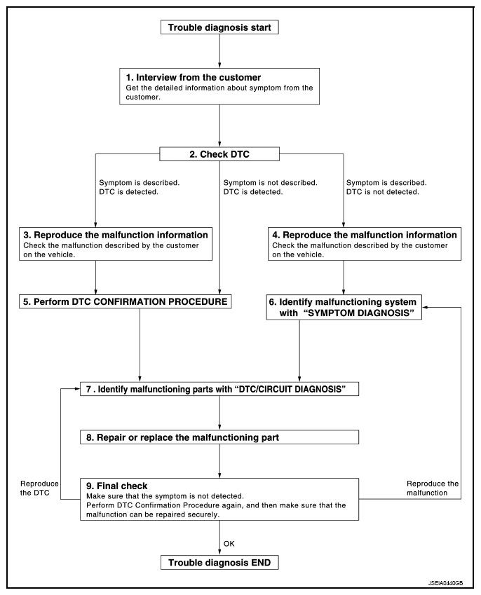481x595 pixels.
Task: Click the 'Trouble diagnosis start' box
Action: pyautogui.click(x=219, y=27)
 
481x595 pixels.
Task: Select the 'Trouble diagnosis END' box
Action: pyautogui.click(x=219, y=562)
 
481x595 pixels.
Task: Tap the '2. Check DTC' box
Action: pyautogui.click(x=219, y=154)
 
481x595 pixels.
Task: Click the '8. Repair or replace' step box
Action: pyautogui.click(x=219, y=437)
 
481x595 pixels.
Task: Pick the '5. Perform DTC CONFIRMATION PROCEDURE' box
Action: pyautogui.click(x=126, y=301)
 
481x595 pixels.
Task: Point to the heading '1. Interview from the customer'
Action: pyautogui.click(x=194, y=77)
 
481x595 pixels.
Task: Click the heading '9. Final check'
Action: pyautogui.click(x=117, y=486)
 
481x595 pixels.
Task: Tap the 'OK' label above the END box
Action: pyautogui.click(x=229, y=543)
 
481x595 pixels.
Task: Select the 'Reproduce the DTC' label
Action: pyautogui.click(x=39, y=488)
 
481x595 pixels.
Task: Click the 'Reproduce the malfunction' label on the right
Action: pyautogui.click(x=433, y=488)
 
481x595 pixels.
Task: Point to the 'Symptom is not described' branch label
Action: pyautogui.click(x=271, y=182)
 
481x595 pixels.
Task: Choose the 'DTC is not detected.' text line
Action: pyautogui.click(x=383, y=192)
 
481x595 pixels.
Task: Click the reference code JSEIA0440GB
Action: pyautogui.click(x=445, y=583)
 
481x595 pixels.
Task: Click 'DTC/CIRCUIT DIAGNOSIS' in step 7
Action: pyautogui.click(x=290, y=390)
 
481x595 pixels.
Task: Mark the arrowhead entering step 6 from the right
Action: pyautogui.click(x=424, y=307)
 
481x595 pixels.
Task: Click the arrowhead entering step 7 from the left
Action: pyautogui.click(x=77, y=388)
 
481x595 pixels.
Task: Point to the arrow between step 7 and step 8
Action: pyautogui.click(x=219, y=413)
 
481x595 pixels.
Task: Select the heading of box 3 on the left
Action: pyautogui.click(x=116, y=235)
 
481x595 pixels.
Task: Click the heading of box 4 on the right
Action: pyautogui.click(x=365, y=235)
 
